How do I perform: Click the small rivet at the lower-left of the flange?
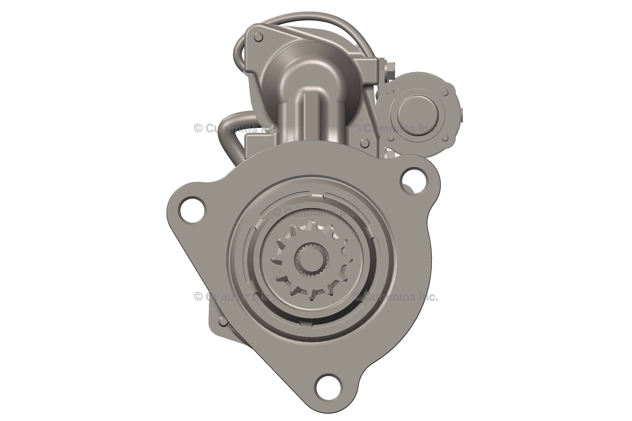click(223, 321)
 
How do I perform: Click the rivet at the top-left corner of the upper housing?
click(258, 37)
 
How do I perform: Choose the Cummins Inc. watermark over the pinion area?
click(316, 213)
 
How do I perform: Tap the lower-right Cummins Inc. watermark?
click(395, 297)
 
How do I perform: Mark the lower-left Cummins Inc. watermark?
click(236, 297)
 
